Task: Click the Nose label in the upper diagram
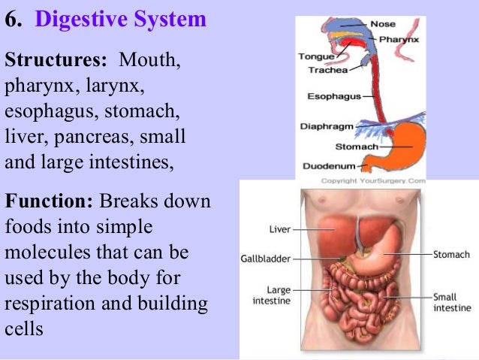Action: click(x=382, y=24)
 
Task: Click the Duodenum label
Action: click(x=328, y=165)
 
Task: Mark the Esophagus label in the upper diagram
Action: click(x=334, y=96)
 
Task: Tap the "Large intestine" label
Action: click(x=274, y=295)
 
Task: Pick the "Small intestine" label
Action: click(x=452, y=302)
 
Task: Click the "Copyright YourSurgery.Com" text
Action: click(x=373, y=181)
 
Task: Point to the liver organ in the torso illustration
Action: click(x=330, y=233)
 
